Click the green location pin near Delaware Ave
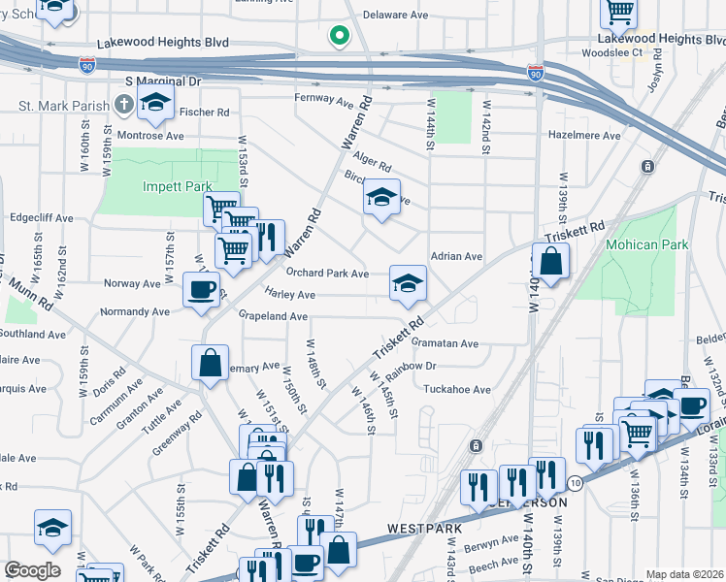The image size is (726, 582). tap(339, 36)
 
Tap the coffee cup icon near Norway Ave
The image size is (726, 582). tap(202, 288)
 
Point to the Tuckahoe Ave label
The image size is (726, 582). tap(457, 389)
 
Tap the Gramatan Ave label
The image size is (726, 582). tap(445, 343)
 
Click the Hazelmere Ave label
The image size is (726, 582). tap(584, 136)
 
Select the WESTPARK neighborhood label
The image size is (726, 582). tap(421, 529)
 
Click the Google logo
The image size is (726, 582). tap(32, 569)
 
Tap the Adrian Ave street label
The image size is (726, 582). tap(456, 257)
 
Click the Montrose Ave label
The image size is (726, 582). tap(149, 136)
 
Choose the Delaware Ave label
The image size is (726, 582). tap(395, 16)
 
